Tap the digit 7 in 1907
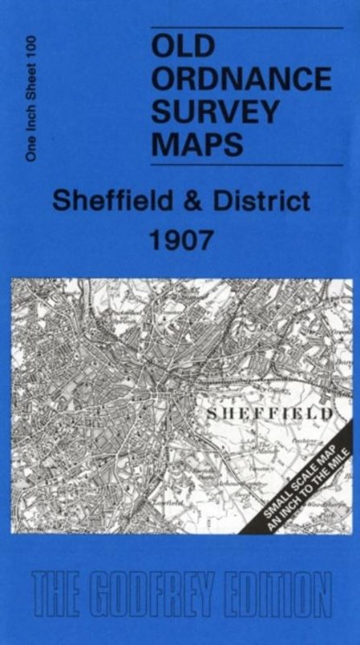point(204,240)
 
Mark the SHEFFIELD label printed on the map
point(269,414)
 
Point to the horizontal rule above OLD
point(241,29)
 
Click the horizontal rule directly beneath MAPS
point(241,164)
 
